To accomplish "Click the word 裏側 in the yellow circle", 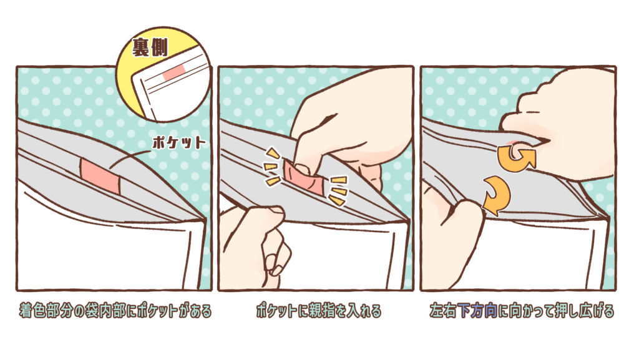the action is pos(149,48).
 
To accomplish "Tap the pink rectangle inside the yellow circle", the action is pos(175,72).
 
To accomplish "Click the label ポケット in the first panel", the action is pos(179,143).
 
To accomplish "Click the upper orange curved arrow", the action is pos(517,157).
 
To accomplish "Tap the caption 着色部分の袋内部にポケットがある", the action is pos(115,311).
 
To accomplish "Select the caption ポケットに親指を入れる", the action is pos(319,311).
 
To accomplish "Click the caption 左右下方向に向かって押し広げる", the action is pos(522,311).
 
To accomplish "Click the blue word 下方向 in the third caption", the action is pos(477,311).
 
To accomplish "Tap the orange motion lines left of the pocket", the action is pos(272,167).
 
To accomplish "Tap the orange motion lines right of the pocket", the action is pos(338,190).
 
